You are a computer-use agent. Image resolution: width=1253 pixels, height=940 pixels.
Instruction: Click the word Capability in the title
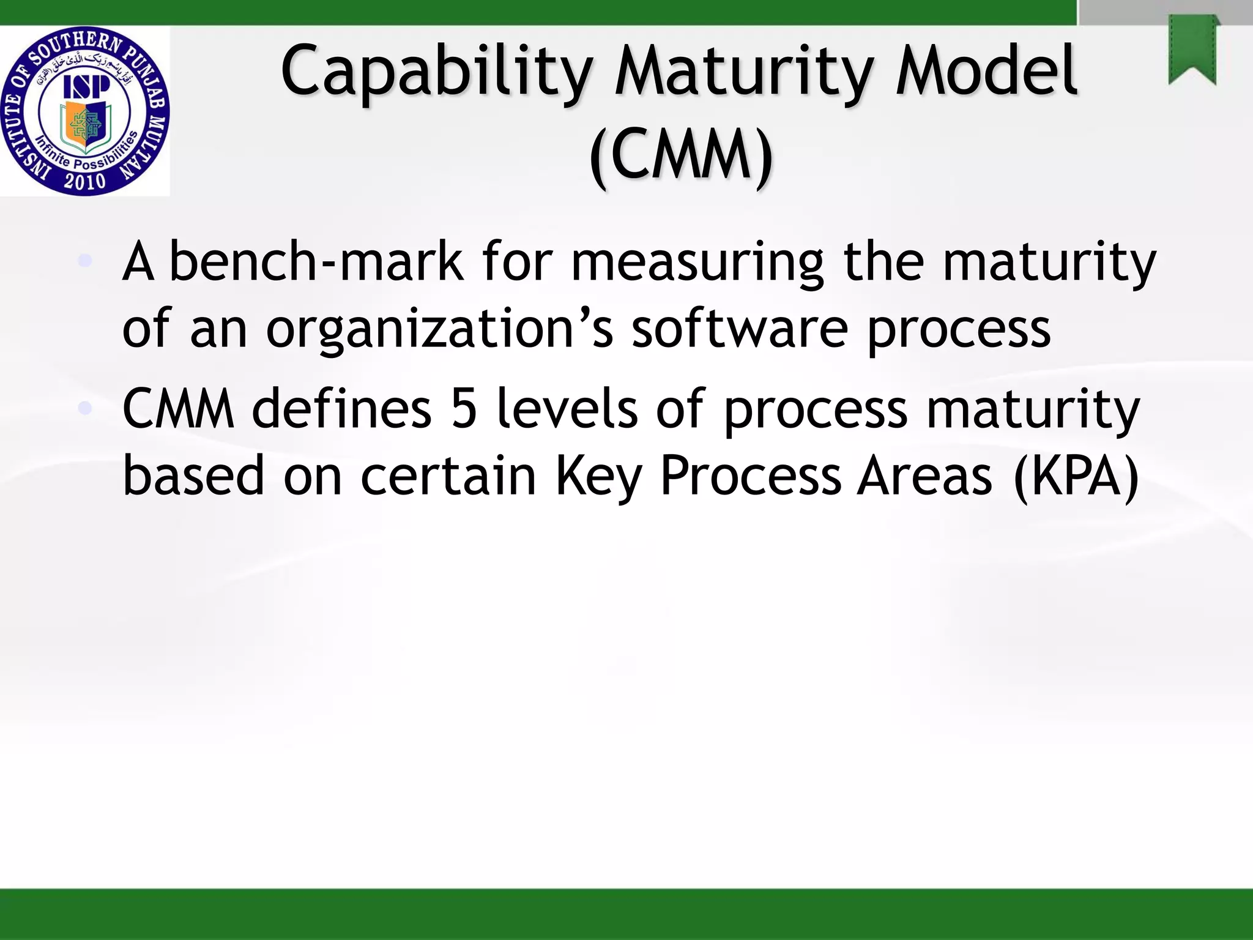436,72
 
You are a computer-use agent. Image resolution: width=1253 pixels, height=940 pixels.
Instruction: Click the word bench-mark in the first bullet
316,261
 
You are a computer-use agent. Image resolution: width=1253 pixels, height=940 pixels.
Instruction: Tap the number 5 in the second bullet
464,409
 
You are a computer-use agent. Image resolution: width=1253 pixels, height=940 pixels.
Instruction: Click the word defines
341,409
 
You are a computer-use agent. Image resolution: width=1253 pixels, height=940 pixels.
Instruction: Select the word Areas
924,476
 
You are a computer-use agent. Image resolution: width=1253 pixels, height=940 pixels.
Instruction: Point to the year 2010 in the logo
84,182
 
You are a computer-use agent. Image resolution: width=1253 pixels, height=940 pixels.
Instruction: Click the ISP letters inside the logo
86,87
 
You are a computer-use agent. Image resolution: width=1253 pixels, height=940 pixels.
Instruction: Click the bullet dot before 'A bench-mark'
86,261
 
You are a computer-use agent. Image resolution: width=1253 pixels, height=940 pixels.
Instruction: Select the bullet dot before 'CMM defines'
86,408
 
